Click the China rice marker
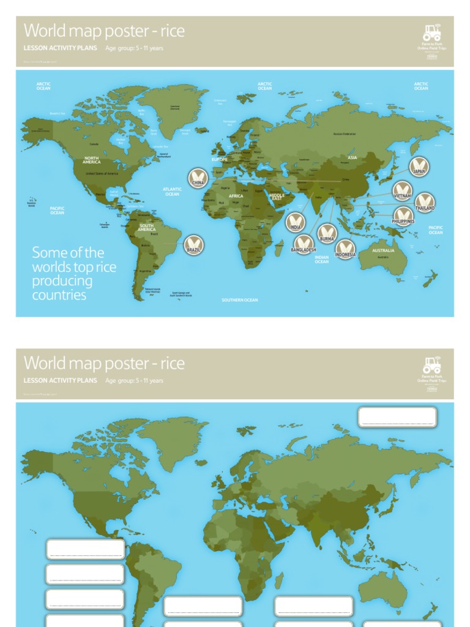point(198,177)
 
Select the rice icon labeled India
point(296,221)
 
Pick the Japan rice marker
point(419,166)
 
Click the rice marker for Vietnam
point(402,190)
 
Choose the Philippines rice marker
point(403,216)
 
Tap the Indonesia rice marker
point(345,249)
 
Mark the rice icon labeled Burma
point(327,233)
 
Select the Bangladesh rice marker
point(304,244)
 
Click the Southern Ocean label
point(240,300)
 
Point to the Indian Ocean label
point(322,260)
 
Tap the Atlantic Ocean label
point(172,192)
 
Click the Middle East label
point(277,197)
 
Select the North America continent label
point(91,160)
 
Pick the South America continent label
point(146,227)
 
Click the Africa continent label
point(236,196)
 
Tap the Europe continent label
point(219,159)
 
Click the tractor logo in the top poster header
point(431,32)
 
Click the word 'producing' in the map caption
point(62,281)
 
